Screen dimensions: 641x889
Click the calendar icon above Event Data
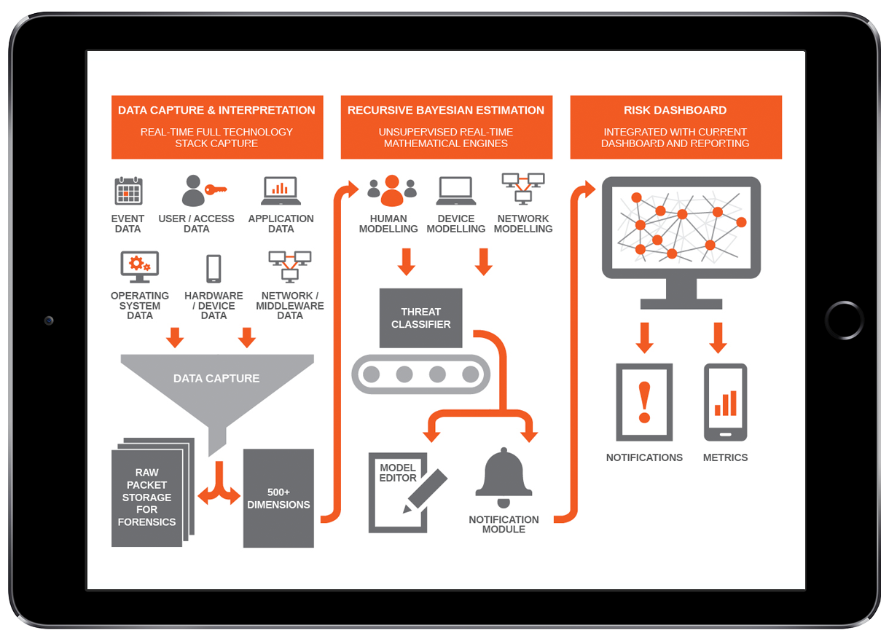[x=128, y=191]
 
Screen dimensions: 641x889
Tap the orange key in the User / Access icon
[x=216, y=189]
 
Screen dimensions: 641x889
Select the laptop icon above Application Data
[x=281, y=191]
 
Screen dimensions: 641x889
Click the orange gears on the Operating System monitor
[x=138, y=263]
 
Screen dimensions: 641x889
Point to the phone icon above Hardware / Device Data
[x=214, y=268]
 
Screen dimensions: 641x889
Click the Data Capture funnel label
[x=216, y=379]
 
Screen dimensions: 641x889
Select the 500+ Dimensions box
[x=278, y=498]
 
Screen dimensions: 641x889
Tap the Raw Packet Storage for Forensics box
[x=146, y=498]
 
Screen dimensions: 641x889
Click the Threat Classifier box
[x=420, y=318]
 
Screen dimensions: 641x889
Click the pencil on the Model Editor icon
[x=427, y=489]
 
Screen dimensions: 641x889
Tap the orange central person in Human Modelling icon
[x=392, y=191]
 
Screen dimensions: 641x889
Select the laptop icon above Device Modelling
[x=456, y=191]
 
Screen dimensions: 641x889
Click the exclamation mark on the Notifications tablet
[x=644, y=402]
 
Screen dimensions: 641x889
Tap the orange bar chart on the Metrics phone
[x=726, y=404]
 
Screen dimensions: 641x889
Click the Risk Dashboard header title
[x=675, y=111]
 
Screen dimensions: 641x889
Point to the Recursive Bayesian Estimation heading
[x=446, y=111]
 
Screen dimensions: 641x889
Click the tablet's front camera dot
[x=49, y=320]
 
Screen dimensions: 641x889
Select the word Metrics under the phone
[x=725, y=457]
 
